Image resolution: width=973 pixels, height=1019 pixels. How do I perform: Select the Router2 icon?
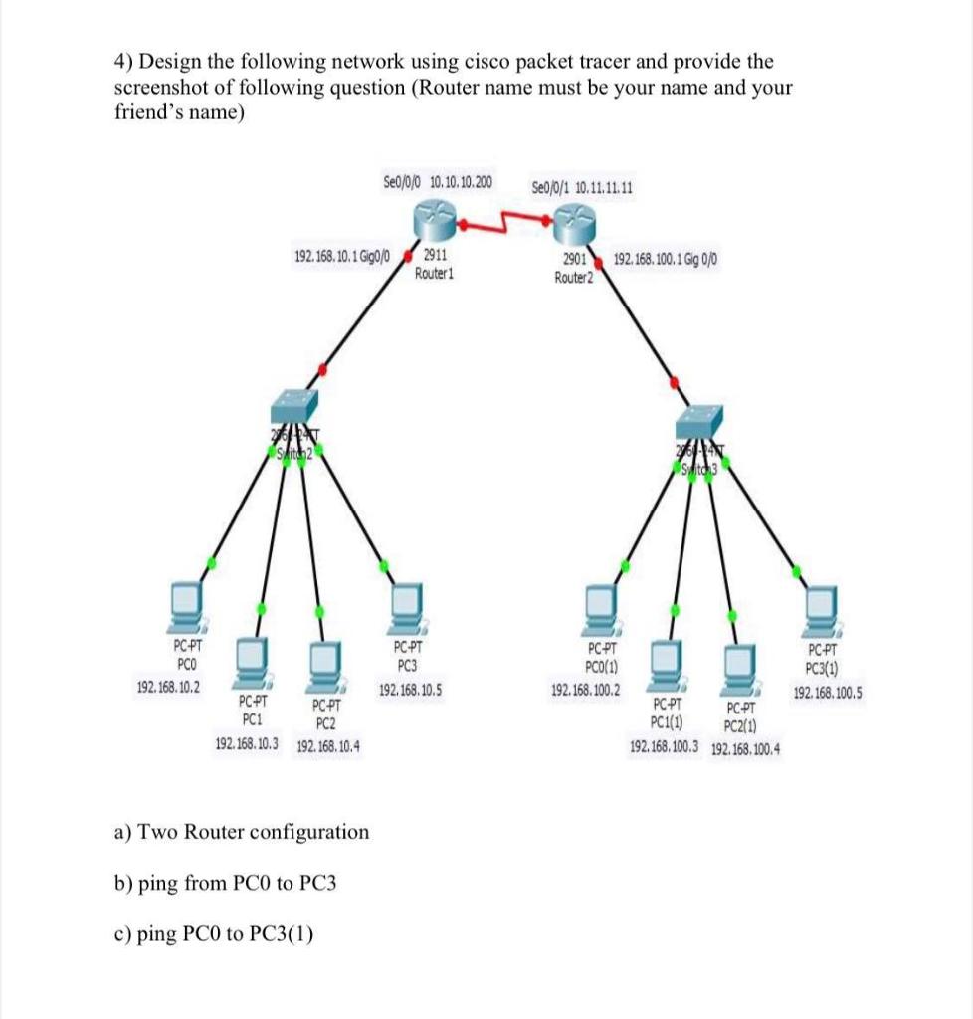pyautogui.click(x=576, y=217)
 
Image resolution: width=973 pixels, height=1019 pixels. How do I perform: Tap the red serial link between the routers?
pyautogui.click(x=505, y=221)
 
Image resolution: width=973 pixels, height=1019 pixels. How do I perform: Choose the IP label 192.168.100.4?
pyautogui.click(x=746, y=748)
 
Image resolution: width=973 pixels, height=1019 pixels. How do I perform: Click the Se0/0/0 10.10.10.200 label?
pyautogui.click(x=437, y=182)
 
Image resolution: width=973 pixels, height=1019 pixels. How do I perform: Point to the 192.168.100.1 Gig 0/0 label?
pyautogui.click(x=667, y=259)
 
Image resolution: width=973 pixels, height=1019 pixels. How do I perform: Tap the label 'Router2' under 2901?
pyautogui.click(x=573, y=278)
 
